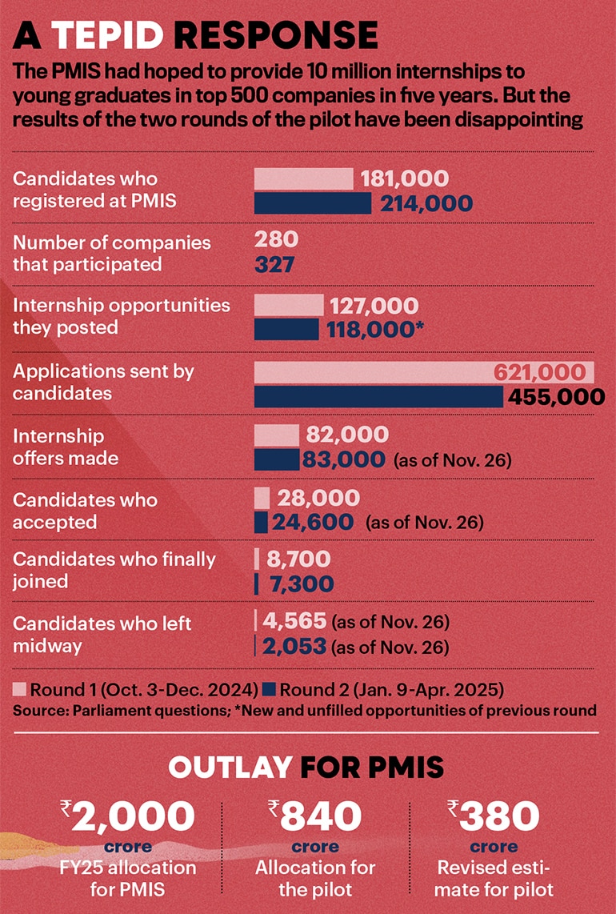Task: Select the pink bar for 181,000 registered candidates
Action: (x=303, y=179)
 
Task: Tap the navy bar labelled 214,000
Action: (x=312, y=203)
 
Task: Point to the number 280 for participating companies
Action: (x=276, y=239)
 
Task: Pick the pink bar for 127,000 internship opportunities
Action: (x=288, y=305)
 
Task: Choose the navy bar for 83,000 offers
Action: (x=275, y=459)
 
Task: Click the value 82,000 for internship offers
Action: (x=347, y=435)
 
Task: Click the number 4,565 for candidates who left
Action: (x=293, y=621)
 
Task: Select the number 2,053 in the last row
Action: (x=293, y=646)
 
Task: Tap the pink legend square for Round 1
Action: (x=21, y=688)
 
